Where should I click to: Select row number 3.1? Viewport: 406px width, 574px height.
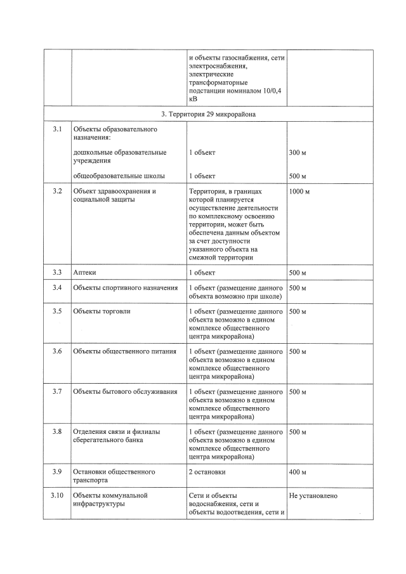click(x=57, y=129)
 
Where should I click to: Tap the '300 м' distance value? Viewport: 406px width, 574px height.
click(x=298, y=153)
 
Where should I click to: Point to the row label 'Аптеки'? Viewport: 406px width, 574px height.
click(x=85, y=273)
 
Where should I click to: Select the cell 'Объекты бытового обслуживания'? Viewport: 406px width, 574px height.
click(x=125, y=391)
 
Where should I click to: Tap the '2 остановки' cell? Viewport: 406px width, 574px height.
click(x=207, y=473)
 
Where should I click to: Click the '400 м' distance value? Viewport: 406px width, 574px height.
click(x=298, y=473)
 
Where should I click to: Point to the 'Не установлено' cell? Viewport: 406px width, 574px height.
click(x=313, y=496)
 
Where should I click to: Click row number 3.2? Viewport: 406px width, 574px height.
click(x=57, y=191)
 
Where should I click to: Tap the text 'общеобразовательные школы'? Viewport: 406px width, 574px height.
click(x=120, y=176)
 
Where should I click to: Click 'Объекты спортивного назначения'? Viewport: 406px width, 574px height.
click(x=125, y=289)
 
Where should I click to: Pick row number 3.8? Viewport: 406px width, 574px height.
click(x=57, y=432)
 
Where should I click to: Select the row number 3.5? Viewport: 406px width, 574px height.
click(x=57, y=312)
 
